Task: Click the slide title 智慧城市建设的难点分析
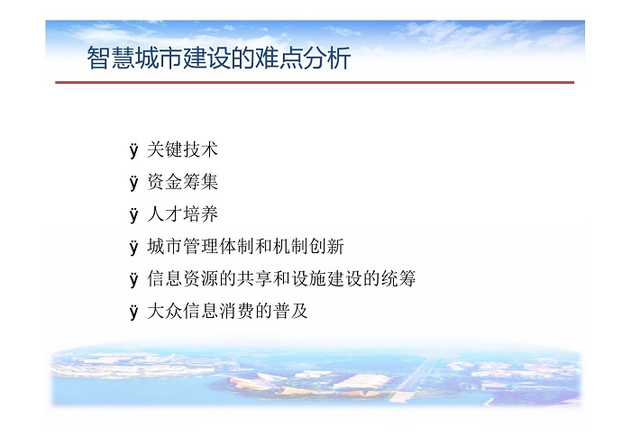tap(219, 58)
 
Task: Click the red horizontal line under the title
tap(315, 82)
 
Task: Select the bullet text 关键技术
tap(182, 150)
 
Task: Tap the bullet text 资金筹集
tap(182, 182)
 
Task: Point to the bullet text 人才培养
tap(182, 213)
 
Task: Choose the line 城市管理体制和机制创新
tap(245, 246)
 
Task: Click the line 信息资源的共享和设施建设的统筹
tap(281, 278)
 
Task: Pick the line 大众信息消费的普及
tap(227, 311)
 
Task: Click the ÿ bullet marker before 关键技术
tap(134, 150)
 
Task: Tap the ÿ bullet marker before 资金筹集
tap(134, 183)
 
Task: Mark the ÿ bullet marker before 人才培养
tap(134, 214)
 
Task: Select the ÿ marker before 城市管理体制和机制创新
tap(134, 247)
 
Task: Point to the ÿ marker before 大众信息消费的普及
tap(134, 311)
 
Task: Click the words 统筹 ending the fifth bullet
tap(398, 278)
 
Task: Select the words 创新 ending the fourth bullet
tap(326, 246)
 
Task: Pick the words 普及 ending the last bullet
tap(290, 311)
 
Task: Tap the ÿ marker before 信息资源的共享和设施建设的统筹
tap(134, 279)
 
